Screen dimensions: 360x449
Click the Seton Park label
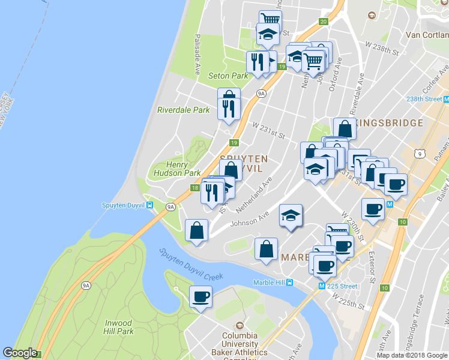pyautogui.click(x=228, y=76)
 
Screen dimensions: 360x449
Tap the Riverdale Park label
pyautogui.click(x=183, y=110)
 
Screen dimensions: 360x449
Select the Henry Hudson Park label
pyautogui.click(x=175, y=169)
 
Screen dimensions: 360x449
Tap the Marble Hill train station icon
pyautogui.click(x=290, y=283)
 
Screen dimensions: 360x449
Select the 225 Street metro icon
pyautogui.click(x=322, y=286)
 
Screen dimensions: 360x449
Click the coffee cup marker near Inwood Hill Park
pyautogui.click(x=200, y=296)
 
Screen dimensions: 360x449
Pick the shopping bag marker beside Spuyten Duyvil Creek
pyautogui.click(x=197, y=230)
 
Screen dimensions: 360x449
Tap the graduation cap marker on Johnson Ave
pyautogui.click(x=291, y=215)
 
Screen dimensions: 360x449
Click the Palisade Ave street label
pyautogui.click(x=196, y=54)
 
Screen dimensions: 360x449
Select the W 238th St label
pyautogui.click(x=382, y=49)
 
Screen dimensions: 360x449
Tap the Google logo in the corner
pyautogui.click(x=20, y=353)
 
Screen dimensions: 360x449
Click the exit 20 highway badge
pyautogui.click(x=324, y=22)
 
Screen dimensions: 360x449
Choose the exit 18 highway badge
pyautogui.click(x=195, y=188)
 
